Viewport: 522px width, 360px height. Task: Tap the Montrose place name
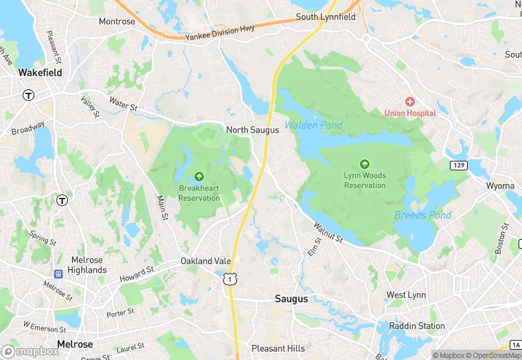[117, 21]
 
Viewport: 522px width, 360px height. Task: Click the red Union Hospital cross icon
[410, 102]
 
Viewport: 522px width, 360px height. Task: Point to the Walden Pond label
[313, 125]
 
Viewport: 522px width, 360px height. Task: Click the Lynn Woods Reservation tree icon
[365, 164]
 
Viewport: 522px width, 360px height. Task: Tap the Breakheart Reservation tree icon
[199, 177]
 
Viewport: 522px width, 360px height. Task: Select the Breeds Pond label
[422, 215]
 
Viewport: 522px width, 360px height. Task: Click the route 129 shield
[459, 166]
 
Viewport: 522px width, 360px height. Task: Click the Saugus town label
[291, 299]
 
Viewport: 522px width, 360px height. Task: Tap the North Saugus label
[252, 129]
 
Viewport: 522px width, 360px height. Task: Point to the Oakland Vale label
[206, 261]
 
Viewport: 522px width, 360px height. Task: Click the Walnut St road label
[328, 232]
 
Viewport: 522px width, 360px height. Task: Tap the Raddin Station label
[416, 326]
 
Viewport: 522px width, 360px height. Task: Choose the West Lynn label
[406, 295]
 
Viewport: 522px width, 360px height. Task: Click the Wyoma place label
[500, 186]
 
